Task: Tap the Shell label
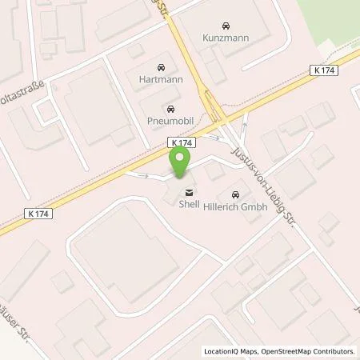189,204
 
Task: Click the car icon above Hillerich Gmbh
234,194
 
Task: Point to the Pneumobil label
169,120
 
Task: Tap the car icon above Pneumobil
169,108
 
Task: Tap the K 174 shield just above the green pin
179,142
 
